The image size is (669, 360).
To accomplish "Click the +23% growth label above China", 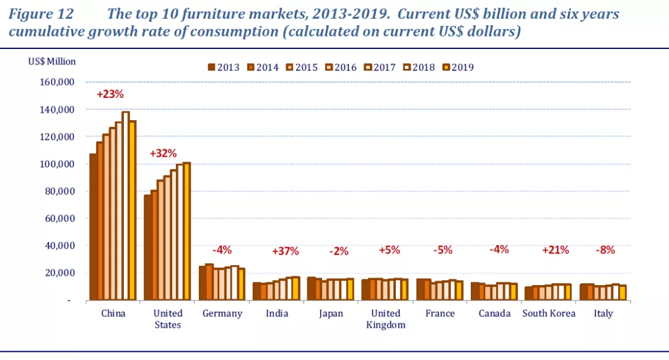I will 110,95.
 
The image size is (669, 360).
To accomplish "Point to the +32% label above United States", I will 164,153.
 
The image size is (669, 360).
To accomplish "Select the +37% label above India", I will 286,251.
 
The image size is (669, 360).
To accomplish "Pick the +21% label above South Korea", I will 555,250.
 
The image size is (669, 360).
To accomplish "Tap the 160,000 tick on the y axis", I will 57,82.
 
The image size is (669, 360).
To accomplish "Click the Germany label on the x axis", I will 222,314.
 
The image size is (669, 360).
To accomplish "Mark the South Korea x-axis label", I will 549,314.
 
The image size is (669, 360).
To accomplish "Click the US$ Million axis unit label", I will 52,61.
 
